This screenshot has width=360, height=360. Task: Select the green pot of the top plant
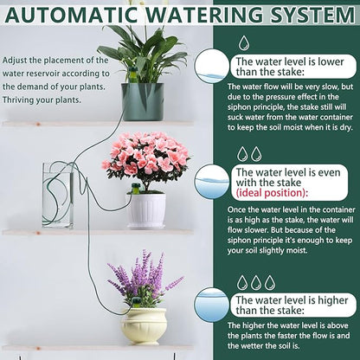pyautogui.click(x=143, y=100)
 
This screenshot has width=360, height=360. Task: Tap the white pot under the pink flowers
pyautogui.click(x=147, y=209)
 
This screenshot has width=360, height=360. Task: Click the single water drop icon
pyautogui.click(x=246, y=42)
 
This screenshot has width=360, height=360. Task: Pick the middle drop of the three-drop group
pyautogui.click(x=256, y=282)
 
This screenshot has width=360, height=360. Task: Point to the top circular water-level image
pyautogui.click(x=212, y=66)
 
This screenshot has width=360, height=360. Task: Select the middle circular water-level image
pyautogui.click(x=212, y=181)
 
